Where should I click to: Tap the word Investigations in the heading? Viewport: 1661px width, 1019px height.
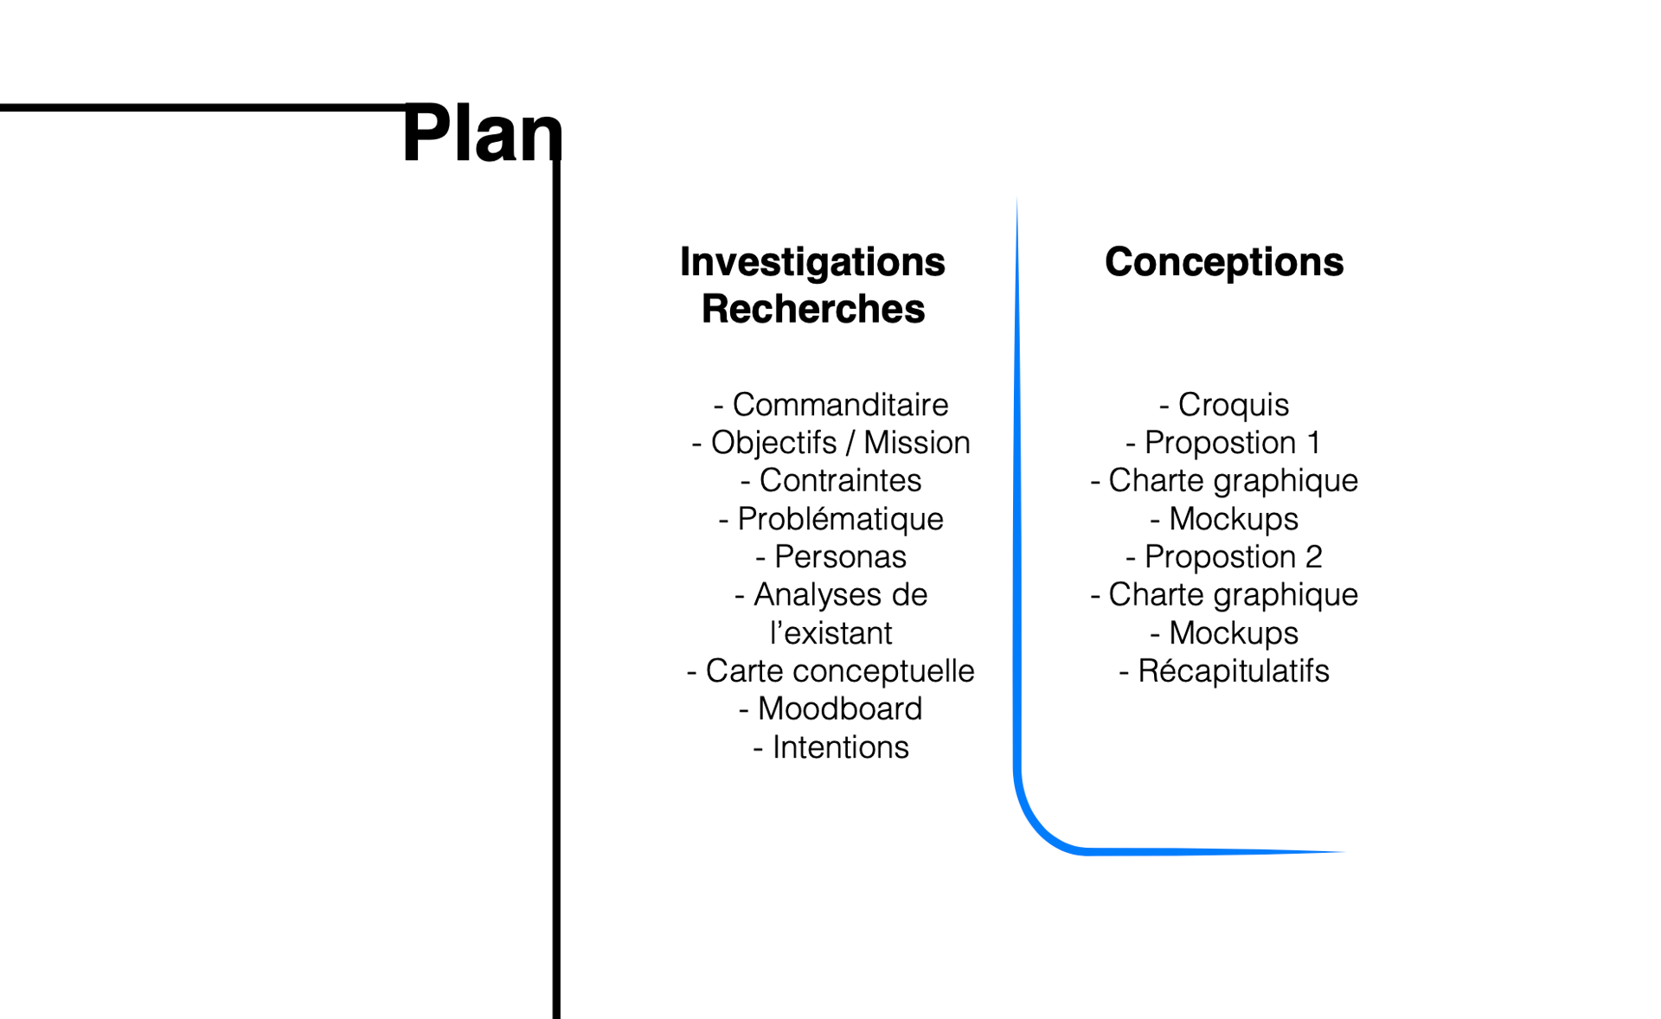[812, 262]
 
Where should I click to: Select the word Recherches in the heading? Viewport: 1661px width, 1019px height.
[813, 309]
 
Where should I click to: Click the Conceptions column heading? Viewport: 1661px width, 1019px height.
[1224, 262]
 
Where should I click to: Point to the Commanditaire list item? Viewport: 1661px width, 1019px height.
[830, 405]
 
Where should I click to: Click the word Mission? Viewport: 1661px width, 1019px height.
[917, 443]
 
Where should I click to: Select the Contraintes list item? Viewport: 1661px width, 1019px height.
[830, 481]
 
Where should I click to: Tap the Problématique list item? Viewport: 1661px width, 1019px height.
[830, 519]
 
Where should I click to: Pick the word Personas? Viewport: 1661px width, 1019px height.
[840, 557]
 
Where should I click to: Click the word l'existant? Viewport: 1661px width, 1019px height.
[830, 633]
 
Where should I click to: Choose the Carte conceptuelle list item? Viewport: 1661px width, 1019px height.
[830, 671]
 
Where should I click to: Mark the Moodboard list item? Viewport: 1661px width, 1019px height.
[830, 709]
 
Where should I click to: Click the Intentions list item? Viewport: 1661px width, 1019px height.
[830, 747]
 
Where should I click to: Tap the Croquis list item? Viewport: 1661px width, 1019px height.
[1224, 405]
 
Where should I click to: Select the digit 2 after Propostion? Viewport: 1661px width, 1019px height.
[1313, 557]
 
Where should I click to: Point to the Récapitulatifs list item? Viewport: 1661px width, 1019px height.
[1224, 671]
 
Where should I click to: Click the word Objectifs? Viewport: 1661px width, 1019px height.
[774, 443]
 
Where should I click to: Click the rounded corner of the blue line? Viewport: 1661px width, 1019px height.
[1038, 829]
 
